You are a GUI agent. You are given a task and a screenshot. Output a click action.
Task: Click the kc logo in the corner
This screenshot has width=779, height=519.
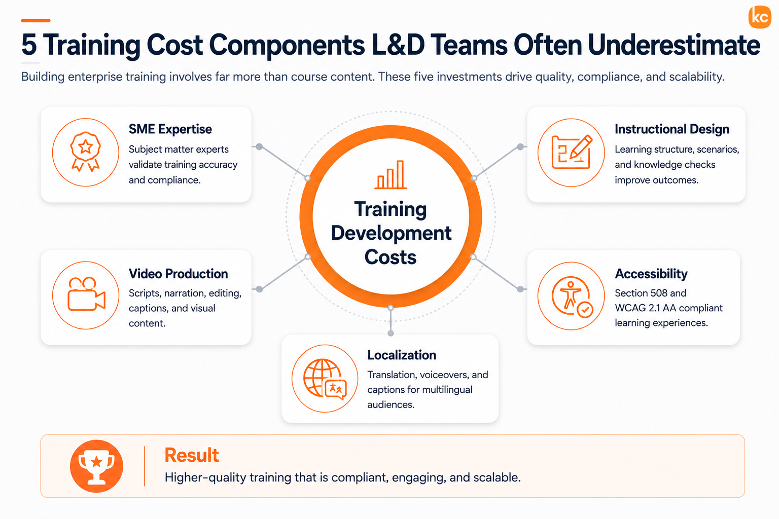pos(760,17)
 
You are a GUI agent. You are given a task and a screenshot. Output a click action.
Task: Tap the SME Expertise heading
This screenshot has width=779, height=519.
pos(170,129)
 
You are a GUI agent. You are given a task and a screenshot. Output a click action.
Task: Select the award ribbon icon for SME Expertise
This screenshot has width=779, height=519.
pos(86,152)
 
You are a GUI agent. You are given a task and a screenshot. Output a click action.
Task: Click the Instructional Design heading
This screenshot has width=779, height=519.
pos(671,129)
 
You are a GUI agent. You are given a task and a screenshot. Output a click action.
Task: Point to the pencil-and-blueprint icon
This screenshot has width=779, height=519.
pos(572,152)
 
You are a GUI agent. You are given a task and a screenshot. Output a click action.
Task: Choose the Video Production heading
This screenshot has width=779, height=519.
pos(178,274)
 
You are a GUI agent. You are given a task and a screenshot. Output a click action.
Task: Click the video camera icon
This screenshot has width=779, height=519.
pos(86,294)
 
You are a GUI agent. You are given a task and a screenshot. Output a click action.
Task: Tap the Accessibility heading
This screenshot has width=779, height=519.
pos(651,274)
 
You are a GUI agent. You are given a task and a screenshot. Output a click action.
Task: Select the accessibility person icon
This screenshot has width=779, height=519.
pos(572,296)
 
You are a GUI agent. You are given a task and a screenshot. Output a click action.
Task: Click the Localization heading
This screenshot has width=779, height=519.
pos(402,355)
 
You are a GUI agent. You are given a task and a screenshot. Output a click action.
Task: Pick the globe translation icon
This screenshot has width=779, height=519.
pos(325,379)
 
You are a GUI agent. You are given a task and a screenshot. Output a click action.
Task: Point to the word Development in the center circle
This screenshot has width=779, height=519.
pos(391,233)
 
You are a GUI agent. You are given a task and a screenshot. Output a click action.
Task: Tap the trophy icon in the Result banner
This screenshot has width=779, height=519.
pos(96,466)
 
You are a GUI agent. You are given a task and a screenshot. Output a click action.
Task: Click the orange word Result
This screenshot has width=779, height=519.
pos(192,455)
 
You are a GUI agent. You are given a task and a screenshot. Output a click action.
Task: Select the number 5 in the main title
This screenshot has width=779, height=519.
pos(29,45)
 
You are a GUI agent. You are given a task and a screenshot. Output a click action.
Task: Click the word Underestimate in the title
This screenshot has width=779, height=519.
pos(674,45)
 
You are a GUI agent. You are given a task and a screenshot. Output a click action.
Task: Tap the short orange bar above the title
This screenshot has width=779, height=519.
pos(36,20)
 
